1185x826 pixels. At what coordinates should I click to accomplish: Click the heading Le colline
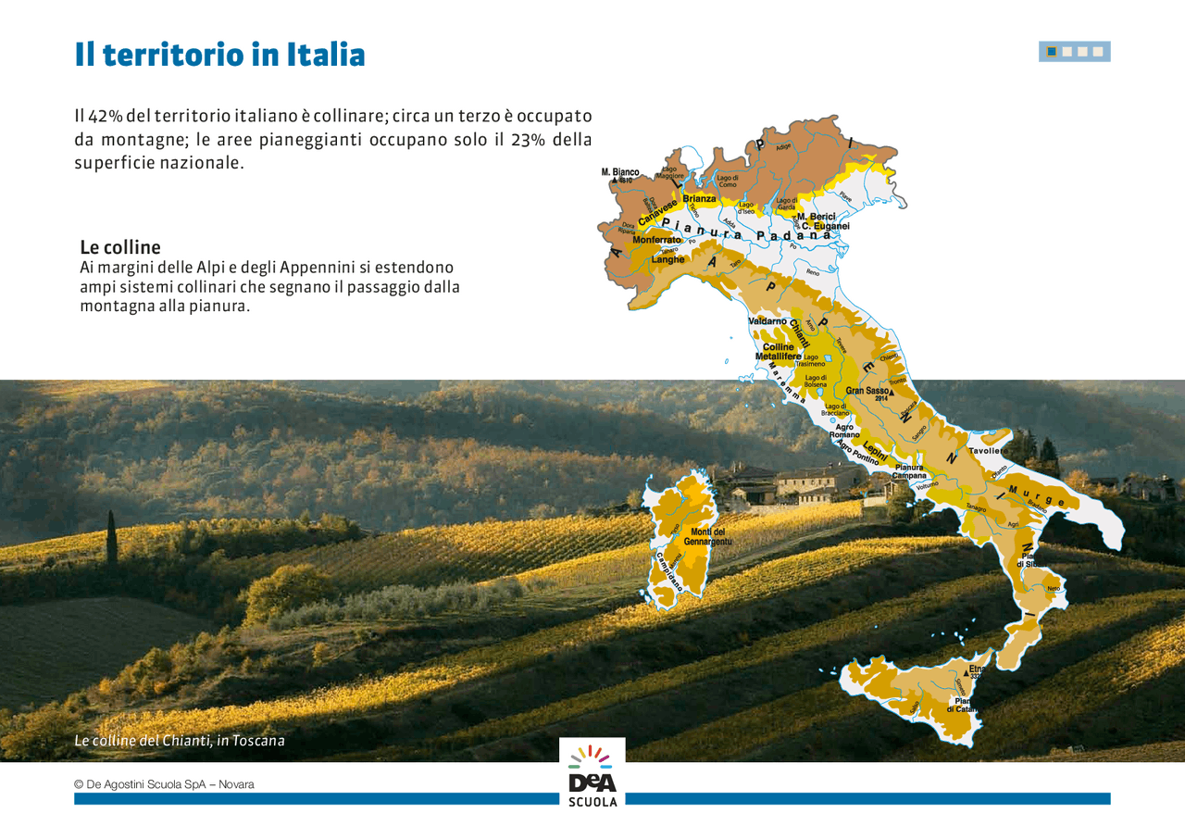(120, 247)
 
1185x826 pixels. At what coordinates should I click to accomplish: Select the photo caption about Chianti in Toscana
(180, 741)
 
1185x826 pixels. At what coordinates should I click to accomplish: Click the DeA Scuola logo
(592, 772)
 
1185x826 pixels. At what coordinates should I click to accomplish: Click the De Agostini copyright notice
(164, 784)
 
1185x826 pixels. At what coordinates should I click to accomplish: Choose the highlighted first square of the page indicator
(1052, 52)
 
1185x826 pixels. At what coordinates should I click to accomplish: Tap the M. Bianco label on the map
(619, 172)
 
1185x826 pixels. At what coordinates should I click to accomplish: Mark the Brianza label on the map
(699, 199)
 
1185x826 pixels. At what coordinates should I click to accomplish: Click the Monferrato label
(656, 240)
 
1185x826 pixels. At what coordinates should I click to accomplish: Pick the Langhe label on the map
(667, 259)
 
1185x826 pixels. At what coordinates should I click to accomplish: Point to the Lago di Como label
(728, 181)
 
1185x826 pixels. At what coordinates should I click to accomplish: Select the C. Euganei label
(825, 226)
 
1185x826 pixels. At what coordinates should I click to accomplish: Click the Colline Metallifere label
(779, 352)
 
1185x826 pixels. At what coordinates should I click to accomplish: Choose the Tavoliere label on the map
(988, 451)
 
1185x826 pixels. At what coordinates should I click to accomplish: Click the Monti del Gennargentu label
(708, 535)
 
